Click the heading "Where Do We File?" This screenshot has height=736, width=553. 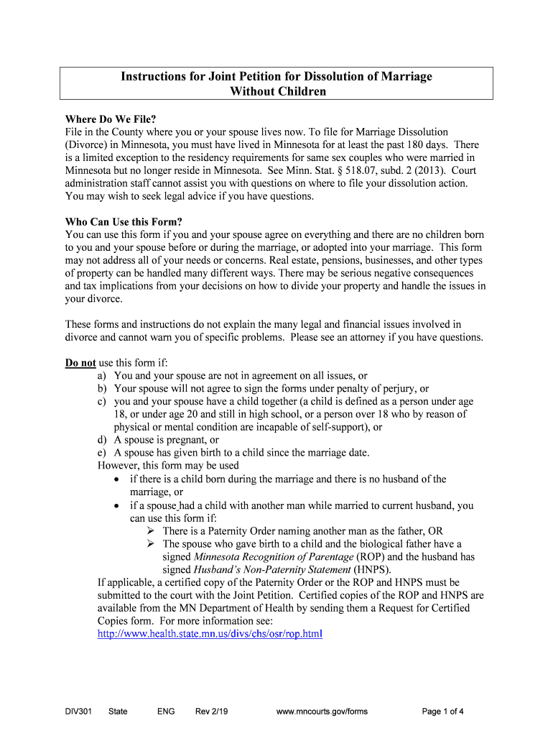tap(111, 119)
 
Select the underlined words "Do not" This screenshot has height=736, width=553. tap(80, 362)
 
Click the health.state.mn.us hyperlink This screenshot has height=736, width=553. tap(210, 634)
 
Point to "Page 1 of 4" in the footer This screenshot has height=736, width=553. tap(442, 712)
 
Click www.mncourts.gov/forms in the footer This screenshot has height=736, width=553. tap(322, 712)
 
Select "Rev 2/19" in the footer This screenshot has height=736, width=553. tap(212, 712)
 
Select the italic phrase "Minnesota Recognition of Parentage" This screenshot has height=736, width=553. tap(274, 556)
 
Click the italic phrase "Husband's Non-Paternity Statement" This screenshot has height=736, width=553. tap(254, 569)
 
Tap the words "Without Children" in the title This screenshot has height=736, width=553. tap(277, 91)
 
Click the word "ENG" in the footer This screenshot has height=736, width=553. tap(165, 712)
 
